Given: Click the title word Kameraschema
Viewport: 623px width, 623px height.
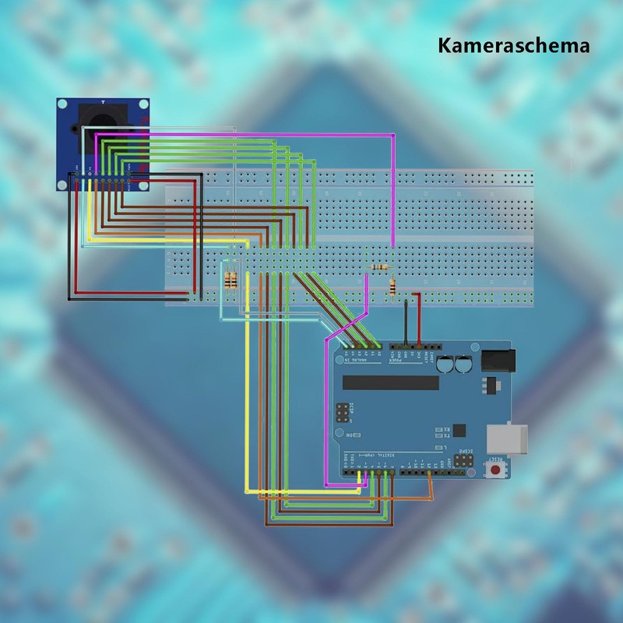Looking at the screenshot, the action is click(x=513, y=45).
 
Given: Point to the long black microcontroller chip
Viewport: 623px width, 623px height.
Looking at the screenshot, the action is click(x=391, y=382).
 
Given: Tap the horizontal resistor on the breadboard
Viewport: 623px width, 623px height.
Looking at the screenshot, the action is click(x=379, y=267).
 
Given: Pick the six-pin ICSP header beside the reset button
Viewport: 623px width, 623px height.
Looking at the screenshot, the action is click(x=463, y=459).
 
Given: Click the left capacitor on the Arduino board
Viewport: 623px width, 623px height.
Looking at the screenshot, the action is click(x=445, y=364).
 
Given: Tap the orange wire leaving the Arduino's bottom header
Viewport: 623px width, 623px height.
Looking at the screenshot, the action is click(x=430, y=487).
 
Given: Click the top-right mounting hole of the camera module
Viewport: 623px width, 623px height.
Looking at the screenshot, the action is click(x=143, y=104).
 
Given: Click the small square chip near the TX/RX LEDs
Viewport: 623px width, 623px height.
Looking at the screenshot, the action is click(x=458, y=429).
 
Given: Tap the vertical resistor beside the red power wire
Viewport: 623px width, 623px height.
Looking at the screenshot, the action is click(x=392, y=287).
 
